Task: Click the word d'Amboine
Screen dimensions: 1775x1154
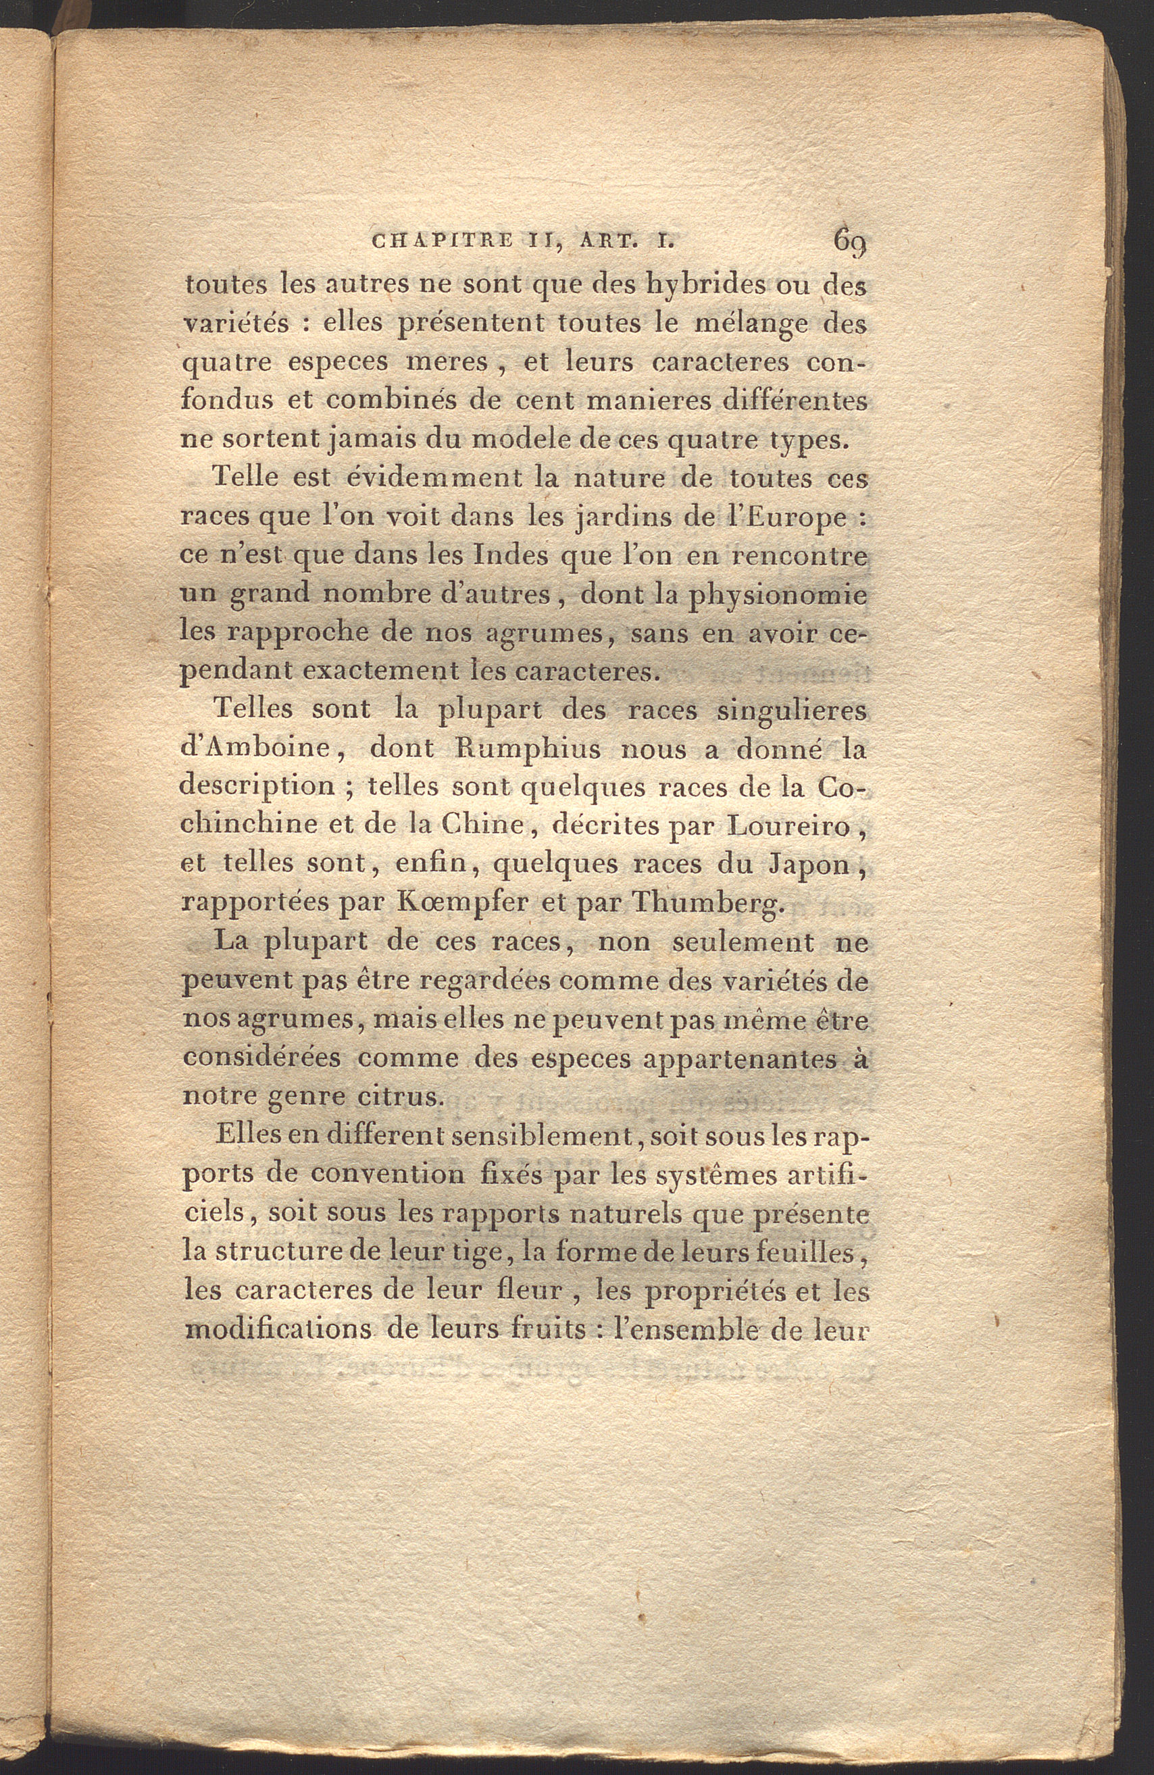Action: pos(256,749)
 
